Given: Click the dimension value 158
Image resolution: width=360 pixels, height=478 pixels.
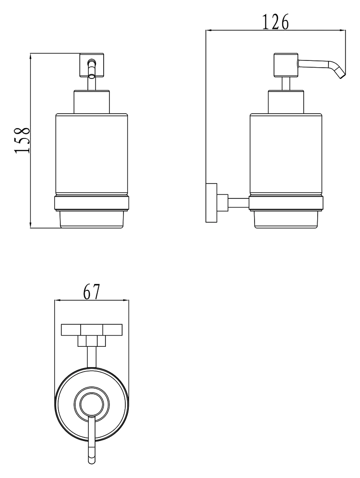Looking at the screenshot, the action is tap(22, 140).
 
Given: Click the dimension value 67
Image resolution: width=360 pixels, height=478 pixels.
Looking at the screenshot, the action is tap(91, 292).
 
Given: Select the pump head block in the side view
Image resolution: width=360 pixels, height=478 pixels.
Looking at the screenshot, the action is tap(286, 65).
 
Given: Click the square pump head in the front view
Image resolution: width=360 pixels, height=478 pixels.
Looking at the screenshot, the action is tap(91, 65).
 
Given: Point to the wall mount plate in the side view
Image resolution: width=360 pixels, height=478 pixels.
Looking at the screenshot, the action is tap(211, 203).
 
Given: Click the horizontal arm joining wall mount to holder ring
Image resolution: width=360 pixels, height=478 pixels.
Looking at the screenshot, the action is tap(238, 202).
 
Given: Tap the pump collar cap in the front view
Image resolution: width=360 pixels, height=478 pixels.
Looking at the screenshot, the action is tap(91, 102).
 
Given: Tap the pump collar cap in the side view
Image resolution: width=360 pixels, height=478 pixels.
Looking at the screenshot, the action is tap(286, 102).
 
